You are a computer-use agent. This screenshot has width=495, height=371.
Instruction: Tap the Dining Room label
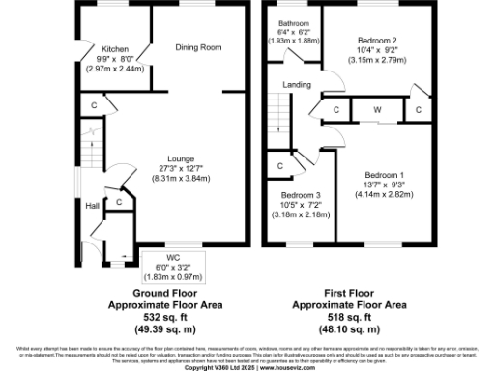coord(198,46)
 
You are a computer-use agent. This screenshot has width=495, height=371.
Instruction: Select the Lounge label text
coord(181,158)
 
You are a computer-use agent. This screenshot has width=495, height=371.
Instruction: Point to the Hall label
coord(91,206)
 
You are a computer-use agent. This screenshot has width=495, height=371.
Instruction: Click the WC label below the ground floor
coord(175,257)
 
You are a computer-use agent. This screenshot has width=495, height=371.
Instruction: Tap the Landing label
coord(297,85)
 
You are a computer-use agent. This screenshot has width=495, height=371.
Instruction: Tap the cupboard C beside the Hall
coord(118,201)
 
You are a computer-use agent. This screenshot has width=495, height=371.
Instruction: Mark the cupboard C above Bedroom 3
coord(279,166)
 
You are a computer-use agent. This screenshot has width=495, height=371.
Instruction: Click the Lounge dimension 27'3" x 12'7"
coord(181,169)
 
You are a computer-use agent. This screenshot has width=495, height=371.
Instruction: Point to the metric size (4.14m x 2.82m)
coord(382,195)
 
